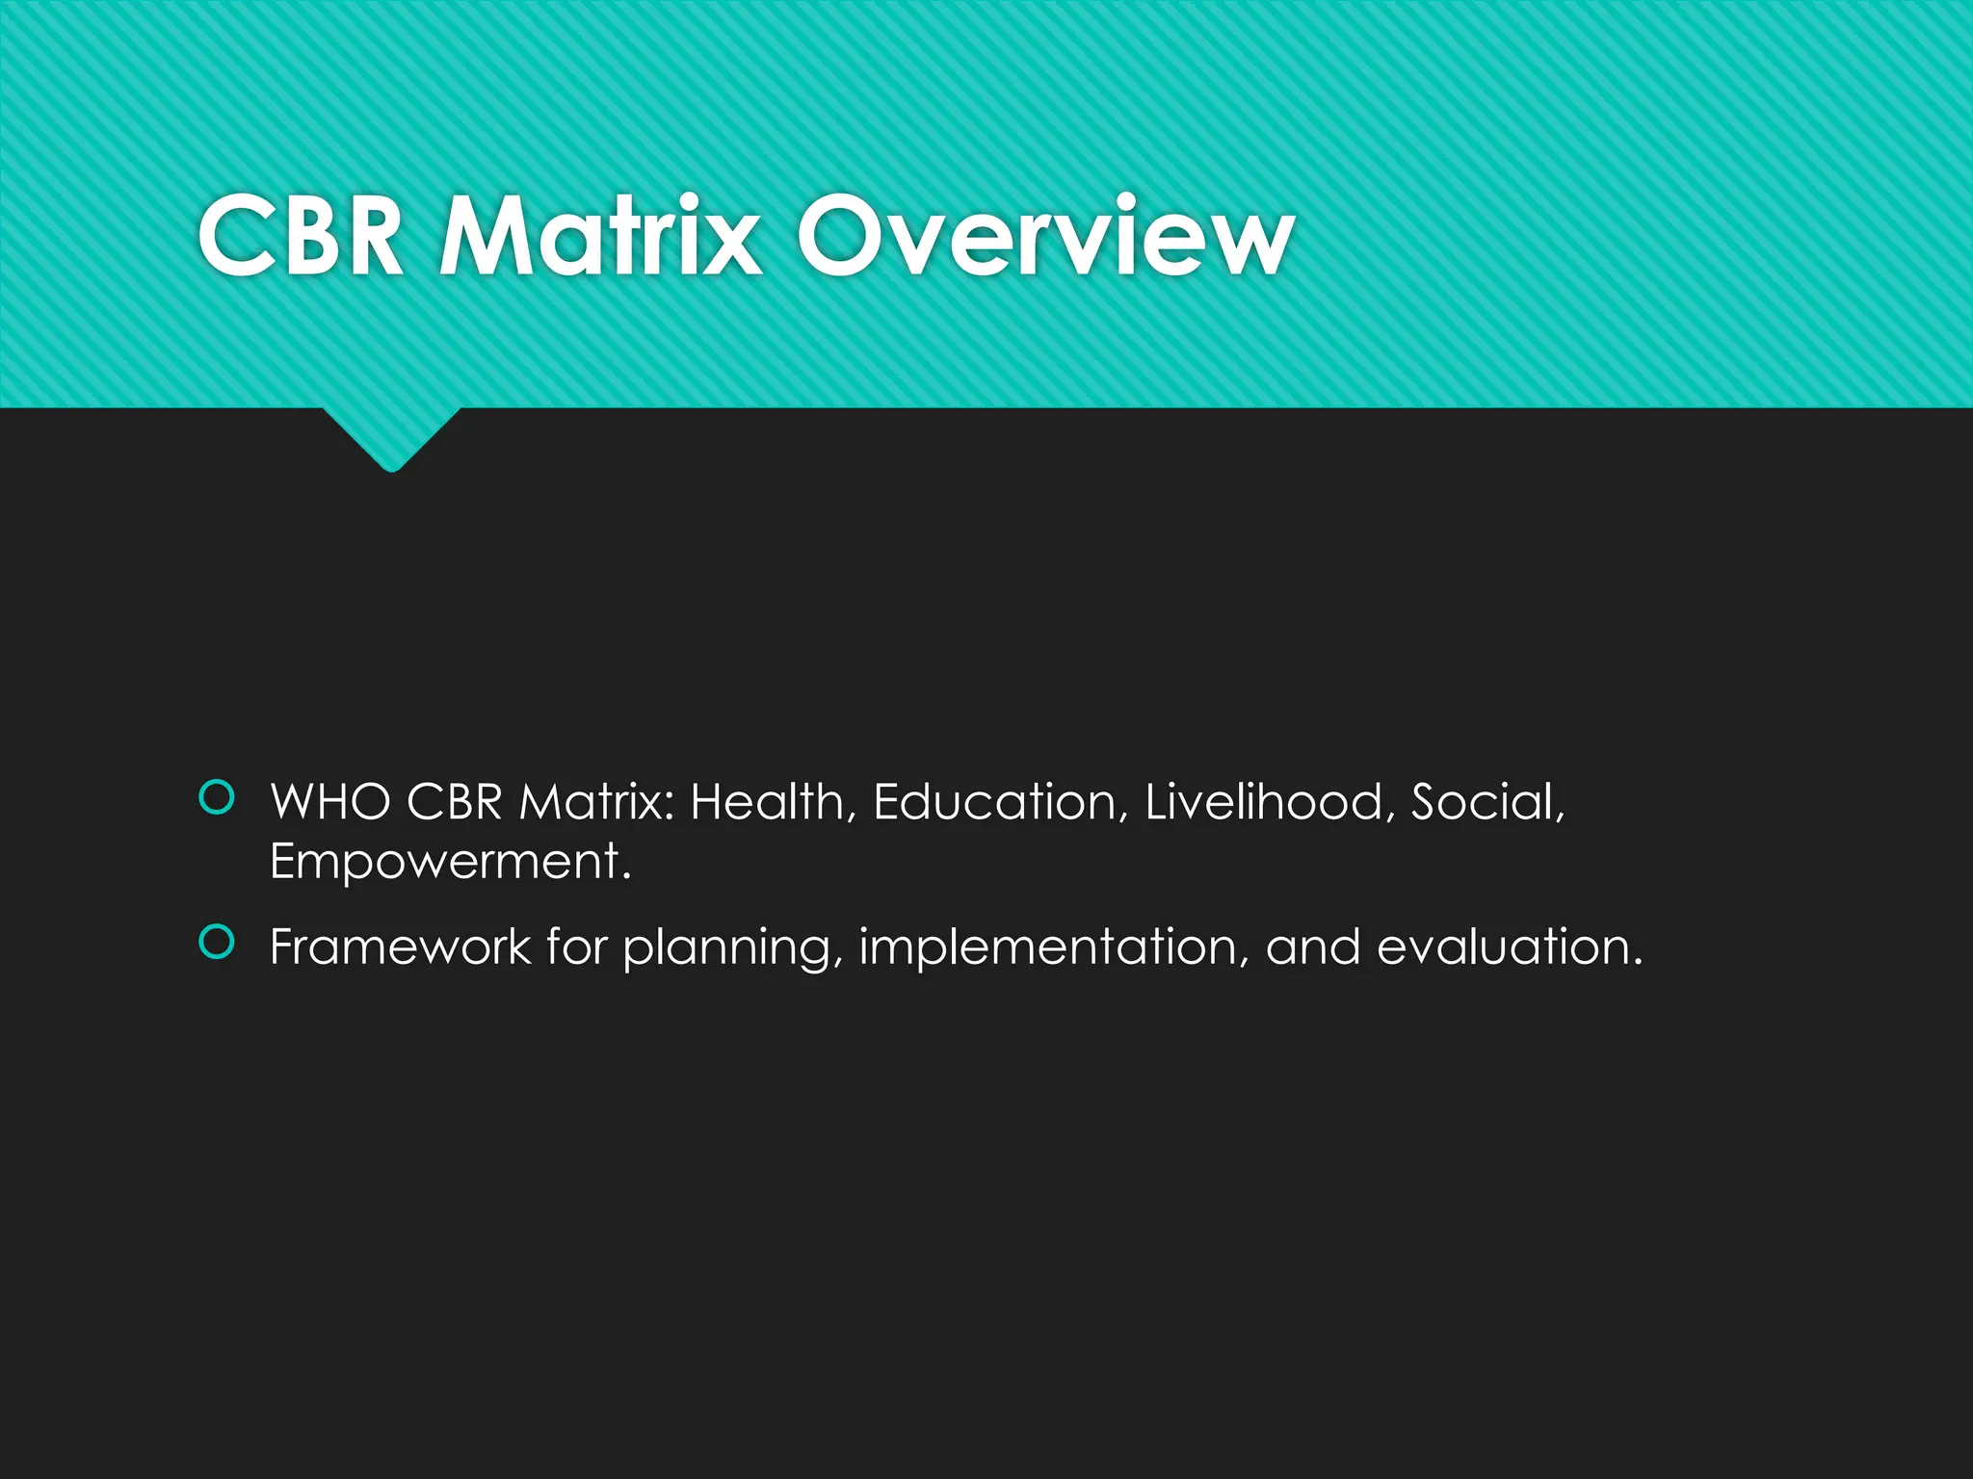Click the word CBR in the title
click(x=300, y=236)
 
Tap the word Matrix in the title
click(x=599, y=236)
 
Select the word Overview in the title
click(x=1044, y=236)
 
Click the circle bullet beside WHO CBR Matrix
click(x=217, y=798)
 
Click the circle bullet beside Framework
click(x=217, y=943)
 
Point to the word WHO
click(x=330, y=802)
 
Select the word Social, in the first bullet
click(x=1487, y=802)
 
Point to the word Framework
click(x=400, y=947)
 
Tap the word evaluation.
click(x=1509, y=947)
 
